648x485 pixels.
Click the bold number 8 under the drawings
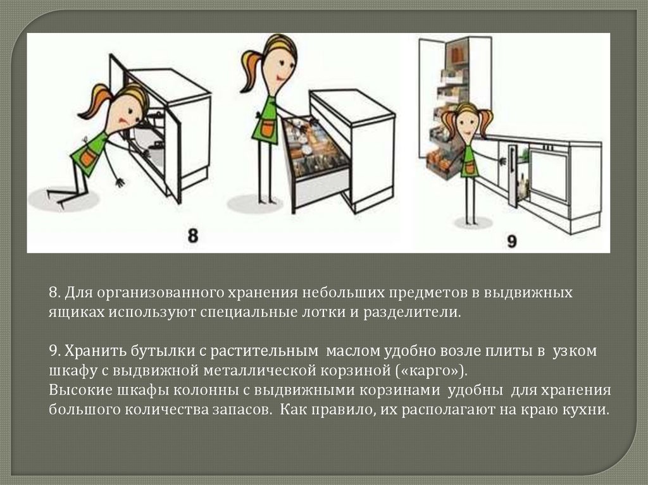pyautogui.click(x=192, y=235)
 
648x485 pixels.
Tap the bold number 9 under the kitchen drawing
pyautogui.click(x=511, y=240)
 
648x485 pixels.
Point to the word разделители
pyautogui.click(x=411, y=312)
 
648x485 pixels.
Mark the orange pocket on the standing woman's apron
pyautogui.click(x=267, y=129)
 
